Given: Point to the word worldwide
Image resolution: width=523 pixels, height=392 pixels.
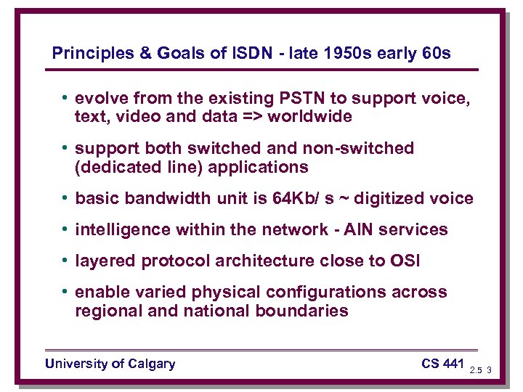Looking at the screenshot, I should pos(309,116).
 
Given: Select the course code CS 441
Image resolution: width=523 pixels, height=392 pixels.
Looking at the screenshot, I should pos(442,363).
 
